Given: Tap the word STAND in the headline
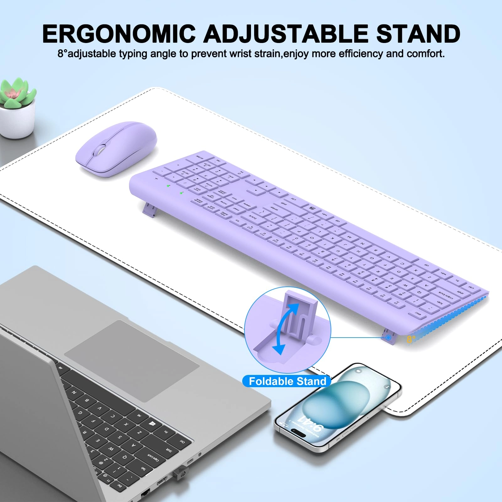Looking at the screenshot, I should click(x=418, y=34).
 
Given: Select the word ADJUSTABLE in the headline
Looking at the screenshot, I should click(x=286, y=34).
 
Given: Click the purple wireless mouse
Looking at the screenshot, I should click(x=116, y=149).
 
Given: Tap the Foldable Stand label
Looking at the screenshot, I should click(x=287, y=381).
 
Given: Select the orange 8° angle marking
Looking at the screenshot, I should click(x=411, y=339).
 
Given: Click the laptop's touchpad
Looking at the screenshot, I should click(x=132, y=361).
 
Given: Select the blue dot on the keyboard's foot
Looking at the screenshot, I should click(x=388, y=338).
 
